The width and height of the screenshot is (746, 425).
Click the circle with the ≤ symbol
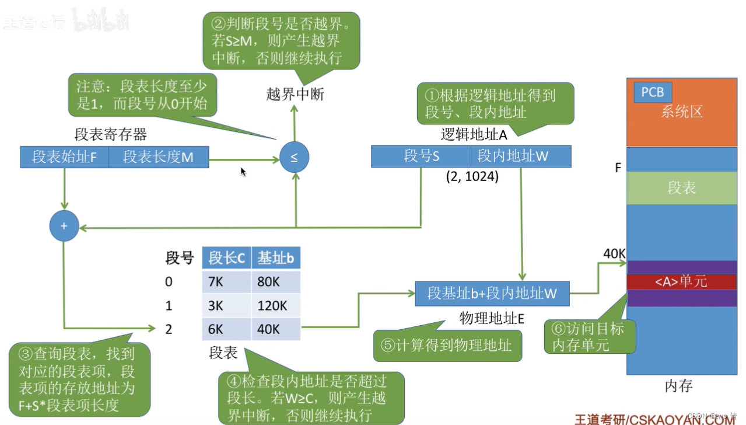pyautogui.click(x=294, y=158)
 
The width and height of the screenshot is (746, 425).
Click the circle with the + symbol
pyautogui.click(x=64, y=226)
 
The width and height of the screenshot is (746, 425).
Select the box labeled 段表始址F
pyautogui.click(x=64, y=157)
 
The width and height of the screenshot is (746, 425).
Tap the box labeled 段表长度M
pyautogui.click(x=158, y=157)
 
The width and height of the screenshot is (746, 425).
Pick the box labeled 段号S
pyautogui.click(x=421, y=156)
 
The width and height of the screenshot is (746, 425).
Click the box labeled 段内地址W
pyautogui.click(x=521, y=156)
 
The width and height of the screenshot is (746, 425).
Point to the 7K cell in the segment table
pyautogui.click(x=226, y=282)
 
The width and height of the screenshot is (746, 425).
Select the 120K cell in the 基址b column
pyautogui.click(x=276, y=305)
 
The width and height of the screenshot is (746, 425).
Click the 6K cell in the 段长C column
pyautogui.click(x=226, y=329)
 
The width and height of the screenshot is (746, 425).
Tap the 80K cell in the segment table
pyautogui.click(x=276, y=282)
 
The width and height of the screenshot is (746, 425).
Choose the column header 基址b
pyautogui.click(x=276, y=257)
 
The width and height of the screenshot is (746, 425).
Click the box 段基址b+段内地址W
pyautogui.click(x=492, y=293)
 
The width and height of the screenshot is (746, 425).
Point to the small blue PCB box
pyautogui.click(x=653, y=92)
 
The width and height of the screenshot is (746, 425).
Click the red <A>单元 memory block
pyautogui.click(x=681, y=282)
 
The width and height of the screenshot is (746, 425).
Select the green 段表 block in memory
pyautogui.click(x=681, y=188)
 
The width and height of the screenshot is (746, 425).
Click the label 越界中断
pyautogui.click(x=295, y=95)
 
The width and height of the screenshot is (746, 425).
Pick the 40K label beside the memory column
pyautogui.click(x=614, y=254)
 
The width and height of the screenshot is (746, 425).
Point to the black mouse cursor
pyautogui.click(x=243, y=172)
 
